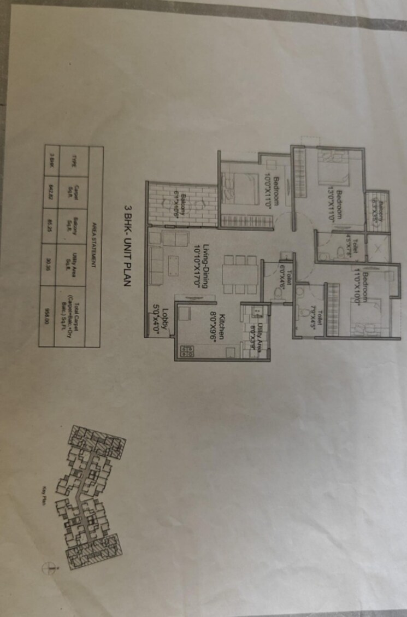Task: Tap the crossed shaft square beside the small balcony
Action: tap(378, 249)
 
